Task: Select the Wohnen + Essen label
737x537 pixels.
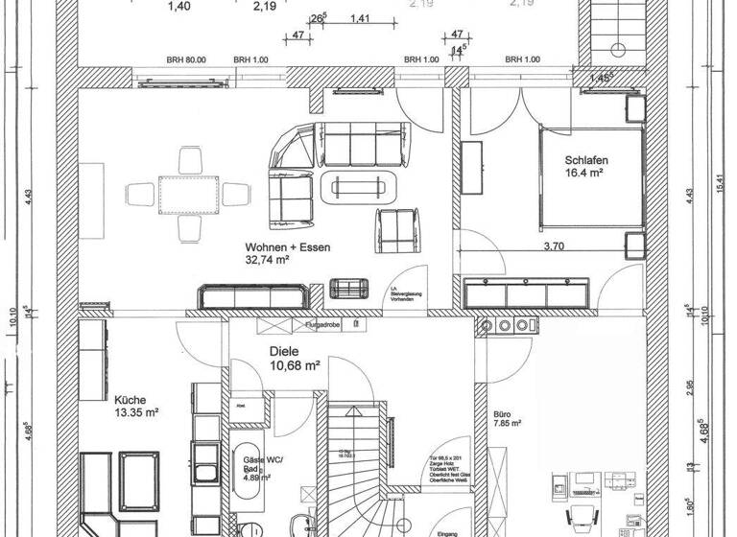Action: click(x=288, y=247)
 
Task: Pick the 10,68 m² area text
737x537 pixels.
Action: click(x=295, y=365)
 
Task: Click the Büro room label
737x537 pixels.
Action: click(x=503, y=409)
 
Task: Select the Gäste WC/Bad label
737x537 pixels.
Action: click(x=255, y=464)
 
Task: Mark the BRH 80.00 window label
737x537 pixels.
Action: click(x=187, y=59)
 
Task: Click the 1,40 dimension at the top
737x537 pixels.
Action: click(x=178, y=7)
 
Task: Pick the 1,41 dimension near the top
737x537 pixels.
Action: click(x=361, y=18)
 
